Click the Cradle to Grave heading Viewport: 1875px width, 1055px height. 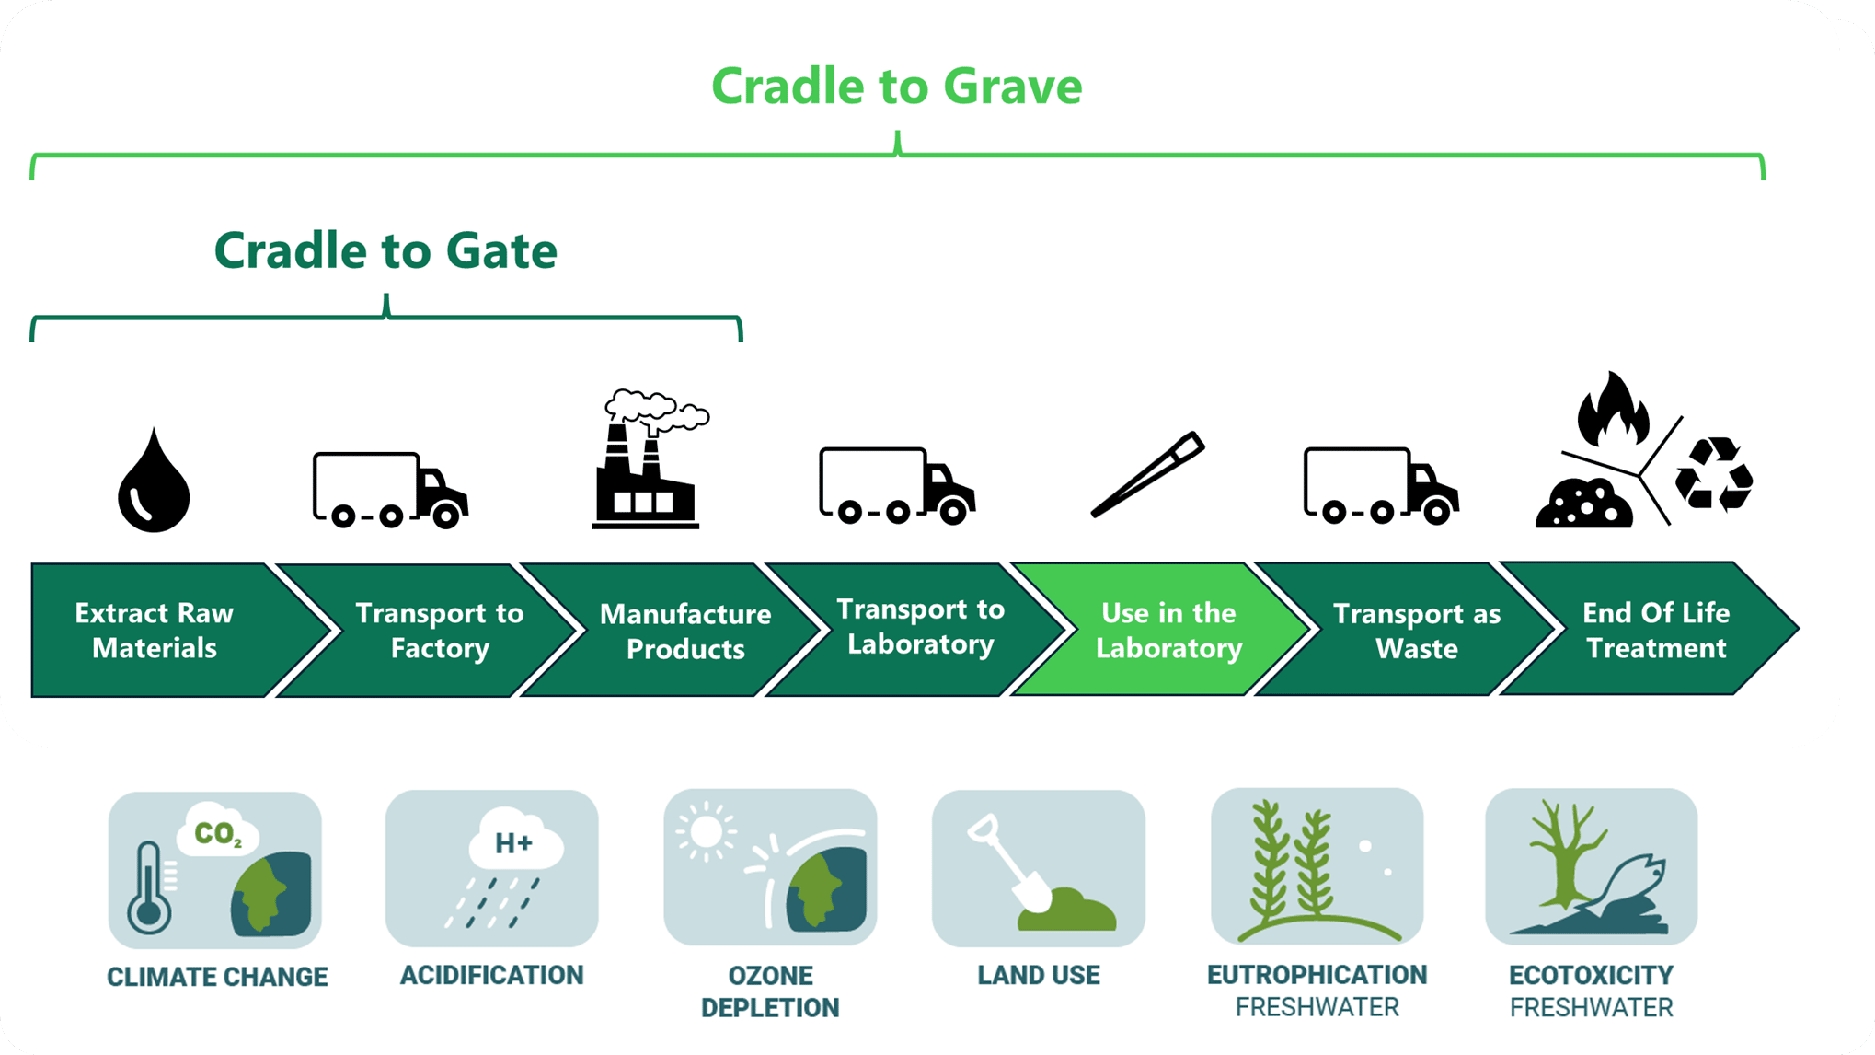[897, 87]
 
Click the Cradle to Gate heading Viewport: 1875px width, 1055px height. [385, 250]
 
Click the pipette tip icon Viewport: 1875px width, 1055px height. [1148, 474]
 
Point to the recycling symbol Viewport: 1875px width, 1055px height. [1713, 475]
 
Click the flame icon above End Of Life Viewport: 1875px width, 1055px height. [1612, 412]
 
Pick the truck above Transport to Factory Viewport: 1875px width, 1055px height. [389, 490]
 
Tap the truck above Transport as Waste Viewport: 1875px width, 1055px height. [1380, 486]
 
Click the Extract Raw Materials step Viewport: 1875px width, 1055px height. [155, 631]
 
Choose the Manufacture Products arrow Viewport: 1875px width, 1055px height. [684, 632]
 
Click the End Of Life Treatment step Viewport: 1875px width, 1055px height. [1655, 631]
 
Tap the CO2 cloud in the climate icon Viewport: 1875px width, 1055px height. [219, 832]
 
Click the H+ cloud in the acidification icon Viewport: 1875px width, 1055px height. [514, 841]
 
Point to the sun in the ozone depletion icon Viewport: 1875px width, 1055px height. [706, 831]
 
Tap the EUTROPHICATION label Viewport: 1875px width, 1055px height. [1317, 975]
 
